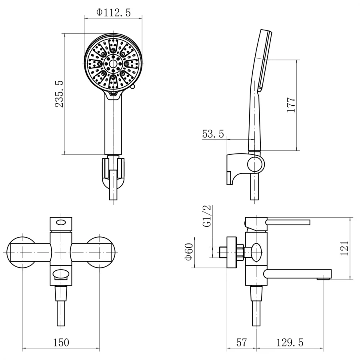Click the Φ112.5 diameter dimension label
[x=114, y=12]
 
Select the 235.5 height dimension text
[x=59, y=94]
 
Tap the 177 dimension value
[x=291, y=105]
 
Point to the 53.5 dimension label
[x=213, y=134]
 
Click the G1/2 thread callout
[x=207, y=216]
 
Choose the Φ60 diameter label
[x=189, y=252]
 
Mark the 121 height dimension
[x=344, y=248]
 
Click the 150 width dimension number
[x=61, y=342]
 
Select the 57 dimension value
[x=241, y=342]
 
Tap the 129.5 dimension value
[x=290, y=342]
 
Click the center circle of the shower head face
[x=113, y=63]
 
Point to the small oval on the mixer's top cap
[x=61, y=222]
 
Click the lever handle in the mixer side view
[x=288, y=222]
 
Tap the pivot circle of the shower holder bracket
[x=256, y=164]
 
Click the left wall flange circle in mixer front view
[x=22, y=252]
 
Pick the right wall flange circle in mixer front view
[x=100, y=252]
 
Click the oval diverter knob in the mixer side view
[x=256, y=252]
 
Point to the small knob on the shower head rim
[x=132, y=87]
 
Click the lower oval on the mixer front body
[x=61, y=274]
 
